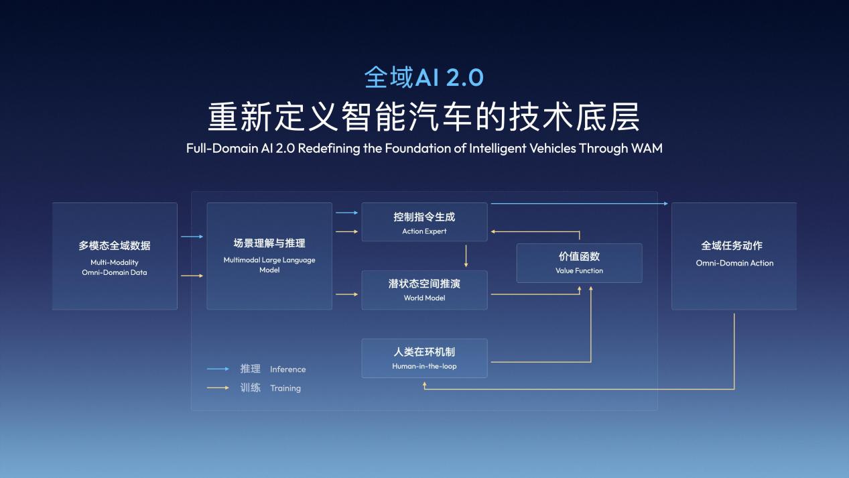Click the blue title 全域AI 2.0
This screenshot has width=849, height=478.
coord(423,77)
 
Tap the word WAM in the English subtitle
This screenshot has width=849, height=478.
coord(646,148)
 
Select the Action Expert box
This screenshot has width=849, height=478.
coord(424,222)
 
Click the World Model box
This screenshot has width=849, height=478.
coord(424,290)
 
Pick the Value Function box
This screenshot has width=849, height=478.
coord(579,263)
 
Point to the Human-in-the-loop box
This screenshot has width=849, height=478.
coord(424,358)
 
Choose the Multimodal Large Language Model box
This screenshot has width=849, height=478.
coord(269,256)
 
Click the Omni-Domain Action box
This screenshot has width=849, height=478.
coord(734,256)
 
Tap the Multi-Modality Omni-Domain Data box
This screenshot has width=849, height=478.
coord(115,256)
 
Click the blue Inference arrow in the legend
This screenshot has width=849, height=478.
coord(218,369)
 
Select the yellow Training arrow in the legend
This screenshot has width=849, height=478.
coord(218,387)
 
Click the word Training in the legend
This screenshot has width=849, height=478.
coord(285,388)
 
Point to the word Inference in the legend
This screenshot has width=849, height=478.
coord(287,369)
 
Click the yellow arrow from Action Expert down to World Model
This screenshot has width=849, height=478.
coord(466,256)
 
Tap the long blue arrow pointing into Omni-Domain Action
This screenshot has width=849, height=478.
coord(579,203)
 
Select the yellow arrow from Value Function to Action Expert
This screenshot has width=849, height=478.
coord(536,231)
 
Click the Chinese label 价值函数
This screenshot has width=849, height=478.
coord(579,257)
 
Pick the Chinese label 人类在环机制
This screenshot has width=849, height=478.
coord(424,351)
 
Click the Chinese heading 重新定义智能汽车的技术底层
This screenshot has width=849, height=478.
coord(423,116)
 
